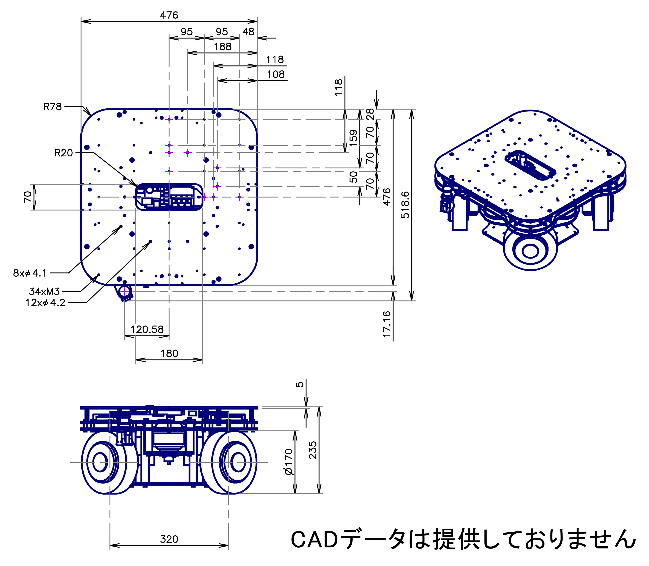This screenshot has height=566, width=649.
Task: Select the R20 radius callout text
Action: [64, 153]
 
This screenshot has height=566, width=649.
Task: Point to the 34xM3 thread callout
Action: [44, 291]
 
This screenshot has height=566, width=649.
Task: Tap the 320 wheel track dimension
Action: [169, 539]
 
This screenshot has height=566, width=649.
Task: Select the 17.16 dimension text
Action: [387, 324]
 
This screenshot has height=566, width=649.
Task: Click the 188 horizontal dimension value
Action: [222, 47]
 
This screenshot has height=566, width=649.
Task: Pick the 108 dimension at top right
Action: [276, 74]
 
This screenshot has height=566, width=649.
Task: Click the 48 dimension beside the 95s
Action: [248, 32]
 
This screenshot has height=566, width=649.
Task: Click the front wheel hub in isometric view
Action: [530, 251]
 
